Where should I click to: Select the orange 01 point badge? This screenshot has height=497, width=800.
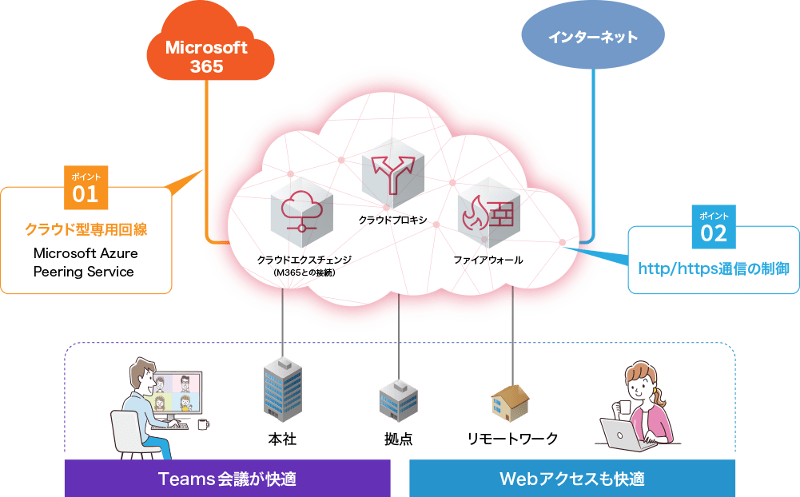coord(85,189)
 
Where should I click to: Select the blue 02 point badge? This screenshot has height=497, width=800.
coord(714,227)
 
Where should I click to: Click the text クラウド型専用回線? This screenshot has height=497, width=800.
coord(86,230)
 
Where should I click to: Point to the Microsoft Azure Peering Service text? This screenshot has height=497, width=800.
coord(86,262)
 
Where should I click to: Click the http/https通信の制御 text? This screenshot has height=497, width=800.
coord(713,268)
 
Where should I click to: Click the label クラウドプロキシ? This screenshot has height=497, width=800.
coord(392,219)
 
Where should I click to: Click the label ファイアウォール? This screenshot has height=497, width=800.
coord(488,260)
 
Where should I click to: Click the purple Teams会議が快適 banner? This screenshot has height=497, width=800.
coord(227,479)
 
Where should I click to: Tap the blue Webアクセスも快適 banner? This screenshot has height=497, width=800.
coord(572,479)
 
